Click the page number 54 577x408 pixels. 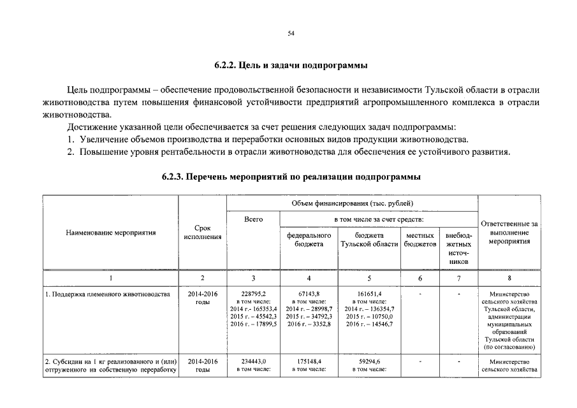(x=291, y=33)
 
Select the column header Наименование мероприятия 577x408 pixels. (x=111, y=233)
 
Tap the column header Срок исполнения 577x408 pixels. (x=202, y=233)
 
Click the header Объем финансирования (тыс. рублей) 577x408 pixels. (x=353, y=203)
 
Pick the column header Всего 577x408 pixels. (x=254, y=219)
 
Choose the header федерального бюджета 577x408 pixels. (x=309, y=240)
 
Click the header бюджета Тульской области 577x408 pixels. (x=369, y=240)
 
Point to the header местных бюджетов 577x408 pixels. (x=420, y=240)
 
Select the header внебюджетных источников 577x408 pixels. (x=458, y=249)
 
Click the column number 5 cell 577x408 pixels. (x=369, y=278)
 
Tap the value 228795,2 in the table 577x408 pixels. (x=254, y=295)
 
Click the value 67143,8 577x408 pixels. (x=309, y=295)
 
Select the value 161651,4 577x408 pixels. (x=369, y=295)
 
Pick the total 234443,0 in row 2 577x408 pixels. (x=254, y=361)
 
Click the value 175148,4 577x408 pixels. (x=309, y=361)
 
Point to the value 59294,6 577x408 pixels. (x=369, y=361)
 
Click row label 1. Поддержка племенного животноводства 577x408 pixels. (x=107, y=295)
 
